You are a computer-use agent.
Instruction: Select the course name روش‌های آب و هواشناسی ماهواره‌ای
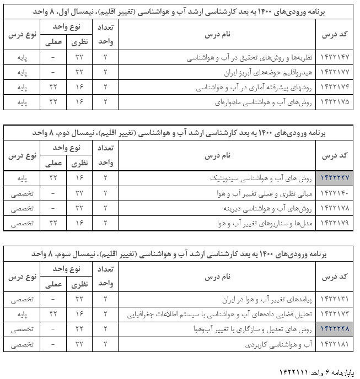264,102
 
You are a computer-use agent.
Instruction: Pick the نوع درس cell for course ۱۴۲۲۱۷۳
23,315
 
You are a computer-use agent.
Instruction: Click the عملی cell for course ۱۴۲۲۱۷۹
53,223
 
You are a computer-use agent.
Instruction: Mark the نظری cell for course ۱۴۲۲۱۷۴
79,87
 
